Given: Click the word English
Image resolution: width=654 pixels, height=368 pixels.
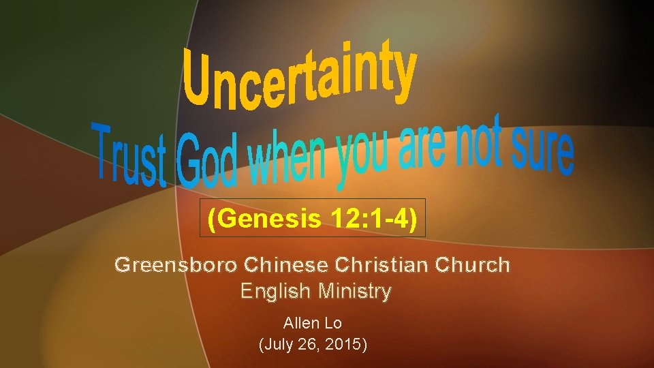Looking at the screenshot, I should pyautogui.click(x=275, y=292).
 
